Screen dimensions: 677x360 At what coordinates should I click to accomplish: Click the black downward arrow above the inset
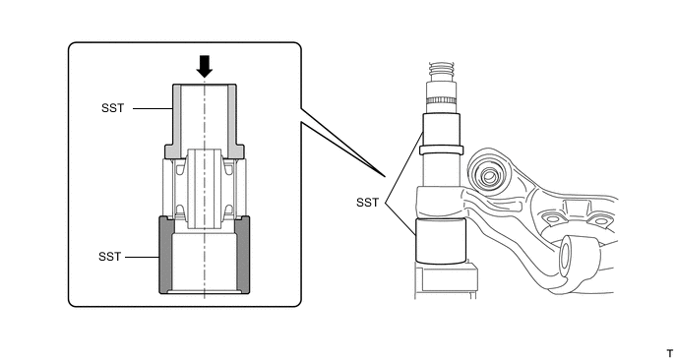click(x=205, y=67)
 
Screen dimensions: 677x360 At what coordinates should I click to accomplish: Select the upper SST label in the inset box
click(x=113, y=108)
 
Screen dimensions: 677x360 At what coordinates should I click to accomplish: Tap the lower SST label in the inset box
click(x=109, y=257)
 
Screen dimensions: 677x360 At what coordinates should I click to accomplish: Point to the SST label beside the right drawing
click(x=367, y=203)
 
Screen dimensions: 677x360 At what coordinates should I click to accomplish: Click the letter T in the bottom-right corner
click(x=670, y=353)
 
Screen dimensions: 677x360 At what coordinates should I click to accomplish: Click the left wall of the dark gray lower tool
click(x=166, y=255)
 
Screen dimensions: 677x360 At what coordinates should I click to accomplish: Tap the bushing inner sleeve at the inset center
click(x=205, y=189)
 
